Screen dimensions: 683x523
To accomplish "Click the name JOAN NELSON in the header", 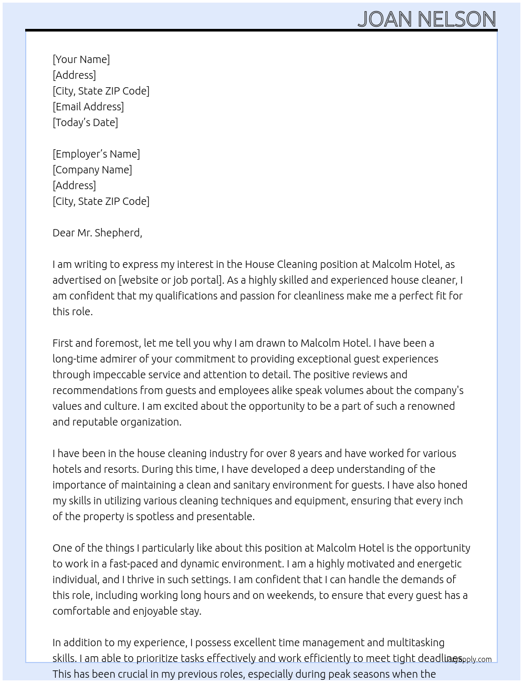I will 426,19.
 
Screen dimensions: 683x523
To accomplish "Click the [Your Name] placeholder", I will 81,59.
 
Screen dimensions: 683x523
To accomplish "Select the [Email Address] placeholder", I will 88,107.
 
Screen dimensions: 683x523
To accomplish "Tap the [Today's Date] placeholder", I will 85,122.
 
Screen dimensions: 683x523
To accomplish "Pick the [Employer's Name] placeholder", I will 96,154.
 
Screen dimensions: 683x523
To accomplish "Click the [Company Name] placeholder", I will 92,170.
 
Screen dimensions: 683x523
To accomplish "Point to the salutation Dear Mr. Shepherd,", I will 97,233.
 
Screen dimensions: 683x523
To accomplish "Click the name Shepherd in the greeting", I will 118,233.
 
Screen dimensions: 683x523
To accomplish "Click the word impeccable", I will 119,375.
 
